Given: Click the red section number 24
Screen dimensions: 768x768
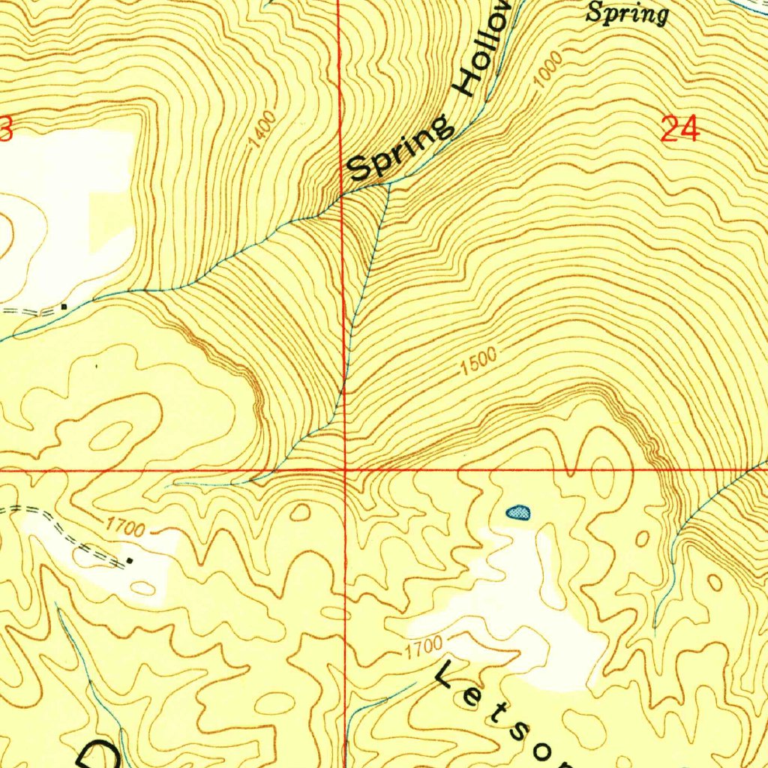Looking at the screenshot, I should [x=680, y=129].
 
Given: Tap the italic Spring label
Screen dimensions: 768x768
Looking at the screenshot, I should [x=626, y=13].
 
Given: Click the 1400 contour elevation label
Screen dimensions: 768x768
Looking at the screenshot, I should [x=264, y=128].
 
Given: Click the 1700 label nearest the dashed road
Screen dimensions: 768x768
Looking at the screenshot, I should [x=124, y=528].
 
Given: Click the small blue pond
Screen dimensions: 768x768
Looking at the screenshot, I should [x=518, y=513].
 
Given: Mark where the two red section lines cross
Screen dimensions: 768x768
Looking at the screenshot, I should [x=345, y=470].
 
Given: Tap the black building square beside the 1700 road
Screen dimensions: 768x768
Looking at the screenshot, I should [x=130, y=559].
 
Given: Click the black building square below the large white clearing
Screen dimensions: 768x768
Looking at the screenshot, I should [x=64, y=306].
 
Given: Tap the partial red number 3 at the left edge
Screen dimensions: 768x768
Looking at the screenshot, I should [x=6, y=129].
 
